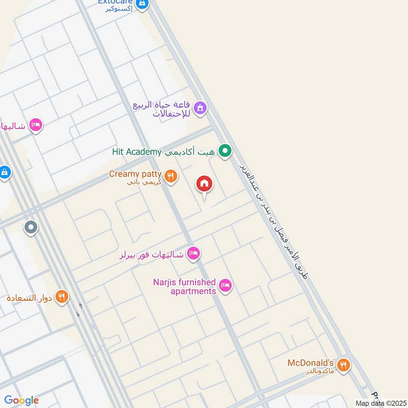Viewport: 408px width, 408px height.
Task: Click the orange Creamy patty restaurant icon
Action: tap(171, 176)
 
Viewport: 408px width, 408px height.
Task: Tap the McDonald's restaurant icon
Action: tap(344, 365)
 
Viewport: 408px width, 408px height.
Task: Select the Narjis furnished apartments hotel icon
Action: tap(226, 286)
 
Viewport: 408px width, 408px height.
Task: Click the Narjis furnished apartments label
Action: tap(185, 287)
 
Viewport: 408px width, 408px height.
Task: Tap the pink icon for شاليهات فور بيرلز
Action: tap(193, 253)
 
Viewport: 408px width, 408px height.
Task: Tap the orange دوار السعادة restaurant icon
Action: tap(62, 296)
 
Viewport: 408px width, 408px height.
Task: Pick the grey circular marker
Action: tap(31, 226)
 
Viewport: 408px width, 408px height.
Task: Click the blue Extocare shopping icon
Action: tap(143, 5)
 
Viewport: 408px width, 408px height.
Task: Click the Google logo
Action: tap(21, 400)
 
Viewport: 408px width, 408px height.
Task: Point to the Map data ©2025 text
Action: tap(380, 403)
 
